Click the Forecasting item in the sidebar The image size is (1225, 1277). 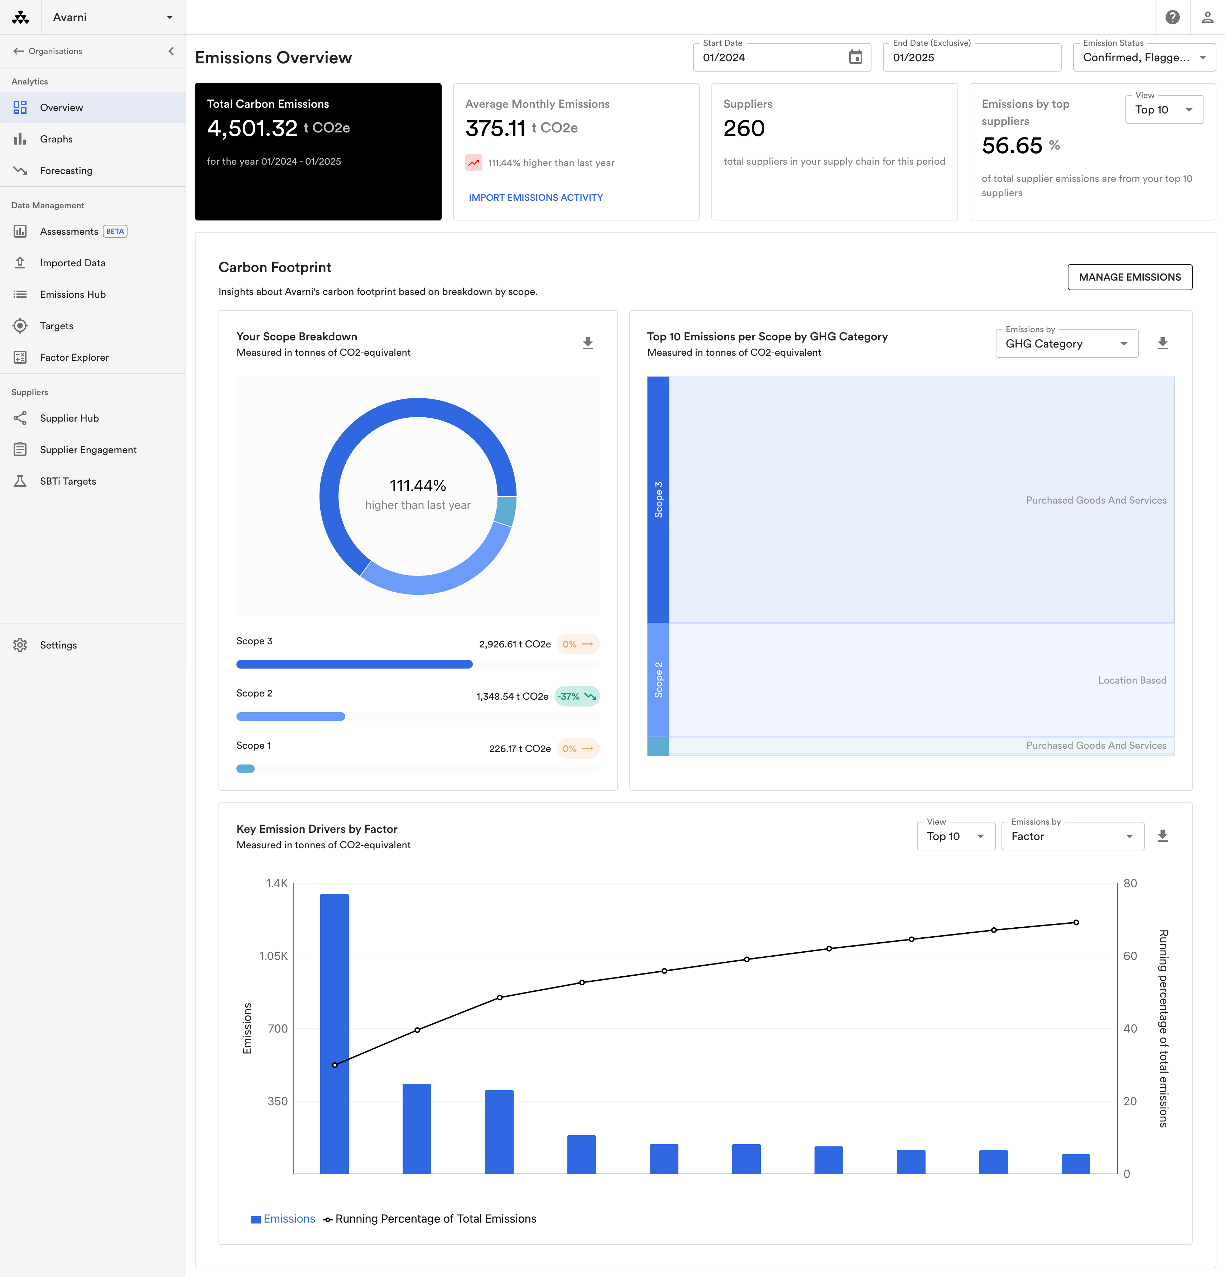coord(66,171)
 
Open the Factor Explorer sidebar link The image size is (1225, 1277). coord(74,357)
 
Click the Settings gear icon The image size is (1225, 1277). coord(20,645)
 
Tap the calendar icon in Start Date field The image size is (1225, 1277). coord(855,57)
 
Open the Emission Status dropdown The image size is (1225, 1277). coord(1144,57)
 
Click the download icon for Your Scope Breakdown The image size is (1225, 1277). coord(587,343)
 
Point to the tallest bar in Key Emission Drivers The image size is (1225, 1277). coord(335,1034)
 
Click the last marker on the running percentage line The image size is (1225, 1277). coord(1076,923)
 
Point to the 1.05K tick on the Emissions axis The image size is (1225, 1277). coord(274,956)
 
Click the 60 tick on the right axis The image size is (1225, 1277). coord(1130,956)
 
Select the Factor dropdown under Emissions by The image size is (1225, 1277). coord(1072,836)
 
